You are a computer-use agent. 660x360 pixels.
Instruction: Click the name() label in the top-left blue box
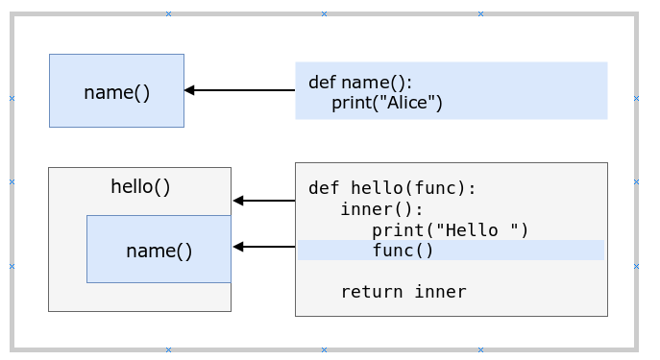[x=116, y=92]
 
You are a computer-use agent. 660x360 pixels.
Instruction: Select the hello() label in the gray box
[x=140, y=186]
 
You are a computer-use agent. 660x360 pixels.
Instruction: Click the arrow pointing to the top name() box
[x=239, y=90]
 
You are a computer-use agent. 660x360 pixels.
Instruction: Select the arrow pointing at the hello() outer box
[x=263, y=201]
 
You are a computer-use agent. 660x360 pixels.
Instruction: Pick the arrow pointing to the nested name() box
[x=263, y=247]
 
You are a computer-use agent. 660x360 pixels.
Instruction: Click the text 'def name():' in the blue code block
[x=360, y=83]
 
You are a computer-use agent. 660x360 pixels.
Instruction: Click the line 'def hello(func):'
[x=392, y=188]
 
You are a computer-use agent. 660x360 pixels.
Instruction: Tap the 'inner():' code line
[x=381, y=209]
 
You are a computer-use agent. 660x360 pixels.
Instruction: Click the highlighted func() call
[x=403, y=251]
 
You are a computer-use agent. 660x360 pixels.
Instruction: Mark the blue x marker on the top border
[x=480, y=13]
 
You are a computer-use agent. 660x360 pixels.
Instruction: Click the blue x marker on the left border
[x=12, y=98]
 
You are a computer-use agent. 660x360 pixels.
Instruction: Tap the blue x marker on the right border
[x=636, y=98]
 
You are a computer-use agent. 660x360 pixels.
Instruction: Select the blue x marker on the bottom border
[x=480, y=350]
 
